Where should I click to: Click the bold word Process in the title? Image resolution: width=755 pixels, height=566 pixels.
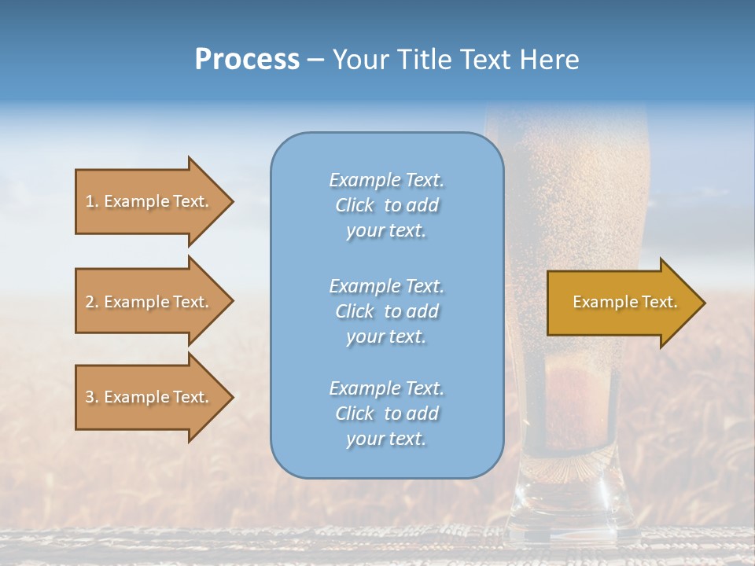point(247,60)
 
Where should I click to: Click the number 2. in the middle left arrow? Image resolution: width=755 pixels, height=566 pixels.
point(92,302)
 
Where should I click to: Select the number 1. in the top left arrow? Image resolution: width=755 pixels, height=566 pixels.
point(92,201)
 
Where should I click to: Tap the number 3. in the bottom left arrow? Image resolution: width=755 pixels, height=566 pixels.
point(92,397)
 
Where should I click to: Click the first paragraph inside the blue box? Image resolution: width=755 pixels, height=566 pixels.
point(386,205)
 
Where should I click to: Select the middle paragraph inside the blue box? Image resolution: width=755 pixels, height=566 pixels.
point(386,311)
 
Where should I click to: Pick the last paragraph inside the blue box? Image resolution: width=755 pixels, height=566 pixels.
point(386,413)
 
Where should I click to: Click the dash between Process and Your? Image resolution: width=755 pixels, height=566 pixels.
point(315,61)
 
